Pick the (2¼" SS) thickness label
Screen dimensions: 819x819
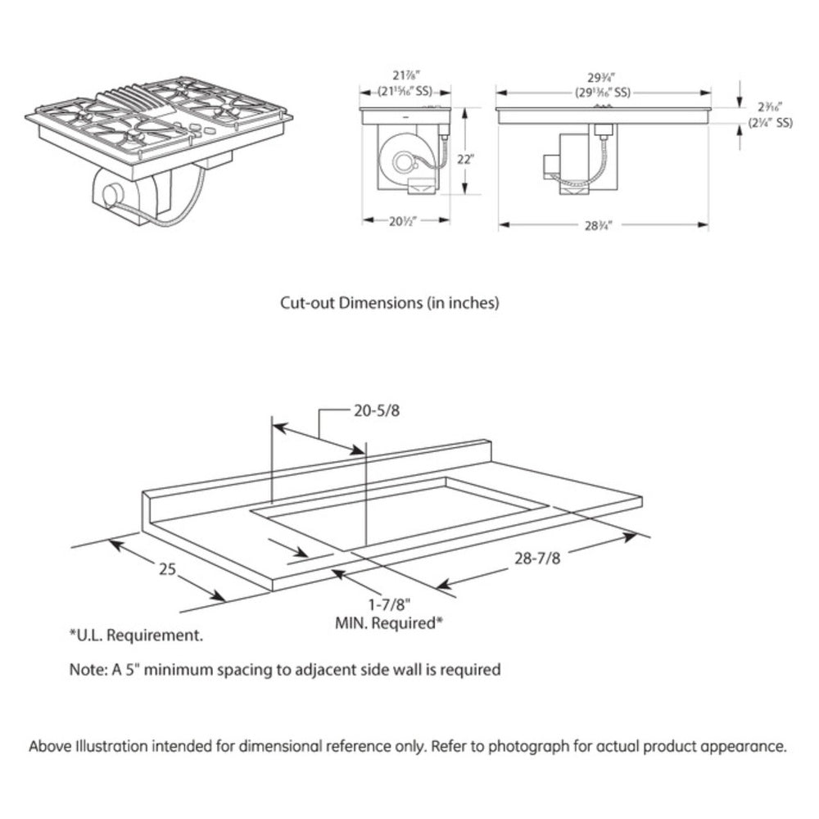coord(771,124)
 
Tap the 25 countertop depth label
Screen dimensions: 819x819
coord(167,568)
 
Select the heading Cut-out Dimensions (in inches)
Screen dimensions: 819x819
coord(390,302)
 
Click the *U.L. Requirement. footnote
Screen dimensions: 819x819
coord(136,635)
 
